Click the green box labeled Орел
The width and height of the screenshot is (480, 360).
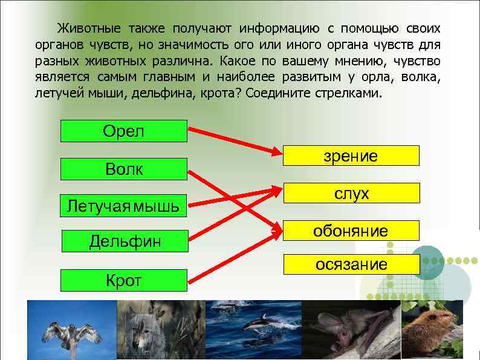point(124,131)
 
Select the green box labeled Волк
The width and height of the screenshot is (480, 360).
point(124,169)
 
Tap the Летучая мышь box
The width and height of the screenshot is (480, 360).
point(124,206)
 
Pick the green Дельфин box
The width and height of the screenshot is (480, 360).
point(125,241)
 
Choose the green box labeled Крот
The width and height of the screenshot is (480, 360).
point(123,280)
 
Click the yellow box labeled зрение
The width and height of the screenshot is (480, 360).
point(350,155)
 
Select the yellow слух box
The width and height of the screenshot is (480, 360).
point(351,193)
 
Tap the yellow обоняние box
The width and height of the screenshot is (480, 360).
point(350,231)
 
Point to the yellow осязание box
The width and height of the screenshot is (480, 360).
point(350,264)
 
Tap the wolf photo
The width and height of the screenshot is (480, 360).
point(161,330)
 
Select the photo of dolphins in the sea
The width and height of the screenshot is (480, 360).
point(253,330)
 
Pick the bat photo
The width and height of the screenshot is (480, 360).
point(350,330)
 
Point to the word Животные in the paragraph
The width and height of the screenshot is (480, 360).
point(89,28)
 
